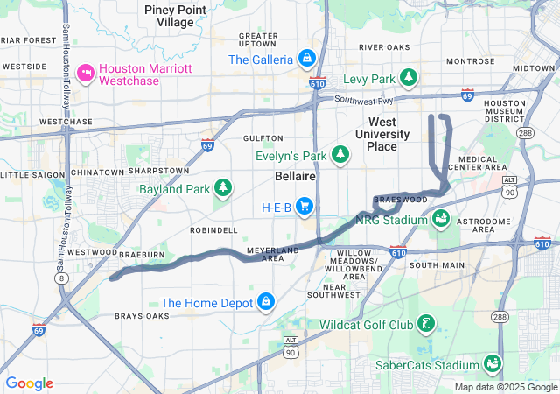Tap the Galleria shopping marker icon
click(305, 60)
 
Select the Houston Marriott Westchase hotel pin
click(86, 71)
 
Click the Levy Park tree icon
click(409, 79)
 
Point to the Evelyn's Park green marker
click(339, 156)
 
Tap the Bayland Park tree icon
click(224, 187)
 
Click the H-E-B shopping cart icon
click(304, 207)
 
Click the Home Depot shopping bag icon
click(265, 303)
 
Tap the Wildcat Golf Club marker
click(425, 325)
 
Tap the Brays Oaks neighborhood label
click(142, 315)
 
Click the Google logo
click(29, 383)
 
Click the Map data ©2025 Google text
click(505, 387)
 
